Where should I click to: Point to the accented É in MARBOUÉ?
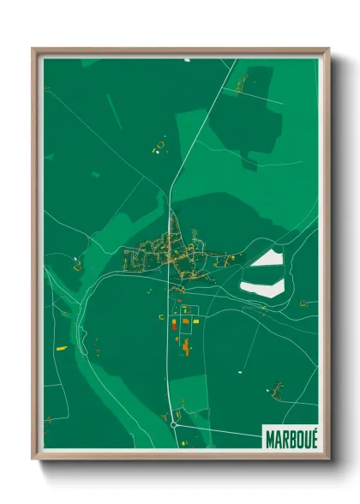(x=311, y=435)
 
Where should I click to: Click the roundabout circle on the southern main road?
(x=173, y=423)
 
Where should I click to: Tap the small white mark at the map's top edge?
(x=186, y=59)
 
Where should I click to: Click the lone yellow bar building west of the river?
(x=60, y=348)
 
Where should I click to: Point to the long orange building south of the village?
(x=185, y=346)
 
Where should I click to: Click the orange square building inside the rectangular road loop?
(x=184, y=321)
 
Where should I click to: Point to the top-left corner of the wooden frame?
(x=33, y=50)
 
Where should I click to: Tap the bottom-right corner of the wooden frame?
(x=328, y=458)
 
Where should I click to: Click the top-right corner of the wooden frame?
(x=328, y=50)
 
